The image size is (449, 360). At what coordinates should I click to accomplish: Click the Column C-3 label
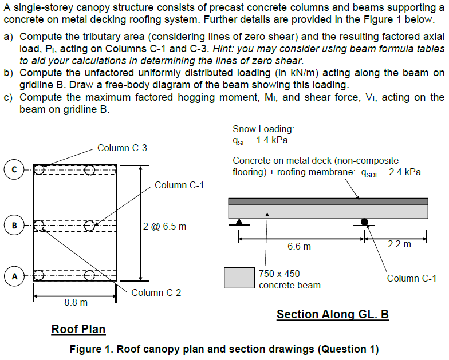(122, 148)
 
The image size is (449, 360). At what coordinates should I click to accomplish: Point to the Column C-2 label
(156, 292)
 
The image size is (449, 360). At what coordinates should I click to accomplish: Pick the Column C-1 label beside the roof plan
(179, 185)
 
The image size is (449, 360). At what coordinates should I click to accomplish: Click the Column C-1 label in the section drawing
(411, 278)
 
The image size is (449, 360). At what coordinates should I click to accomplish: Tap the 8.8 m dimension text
(76, 302)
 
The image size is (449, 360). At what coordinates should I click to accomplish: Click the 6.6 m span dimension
(299, 246)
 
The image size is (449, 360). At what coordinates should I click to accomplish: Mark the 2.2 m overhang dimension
(399, 244)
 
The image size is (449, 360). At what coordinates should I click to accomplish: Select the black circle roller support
(364, 221)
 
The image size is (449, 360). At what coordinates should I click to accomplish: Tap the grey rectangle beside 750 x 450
(239, 278)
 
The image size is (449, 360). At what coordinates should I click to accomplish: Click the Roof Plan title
(78, 329)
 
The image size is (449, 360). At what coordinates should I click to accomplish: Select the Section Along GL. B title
(333, 314)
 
